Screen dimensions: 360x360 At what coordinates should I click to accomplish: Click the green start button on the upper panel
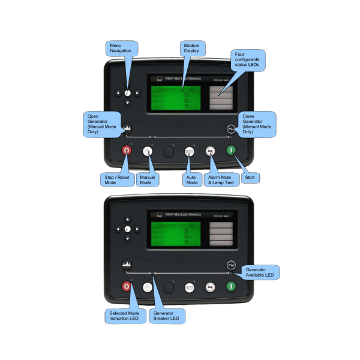click(230, 151)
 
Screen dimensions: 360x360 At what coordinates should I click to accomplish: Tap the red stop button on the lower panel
click(127, 287)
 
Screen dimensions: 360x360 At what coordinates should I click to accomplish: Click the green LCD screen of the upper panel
click(175, 95)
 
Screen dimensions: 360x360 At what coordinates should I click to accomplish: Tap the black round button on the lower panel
click(169, 287)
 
